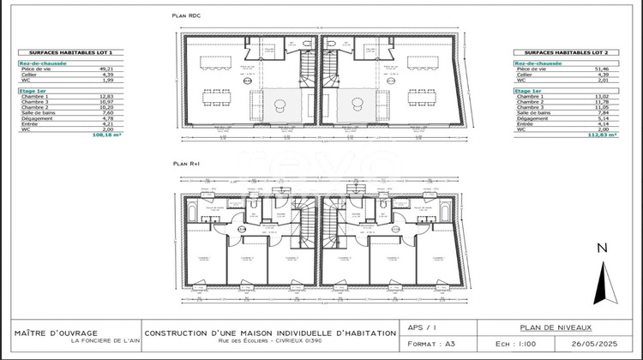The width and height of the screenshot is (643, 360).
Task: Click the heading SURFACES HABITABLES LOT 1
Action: point(57,52)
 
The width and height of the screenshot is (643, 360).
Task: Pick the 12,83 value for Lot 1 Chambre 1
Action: point(106,97)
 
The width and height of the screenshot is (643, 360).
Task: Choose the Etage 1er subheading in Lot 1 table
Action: point(33,90)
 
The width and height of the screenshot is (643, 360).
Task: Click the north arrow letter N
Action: point(602,248)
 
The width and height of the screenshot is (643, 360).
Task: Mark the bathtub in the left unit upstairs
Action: point(215,207)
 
